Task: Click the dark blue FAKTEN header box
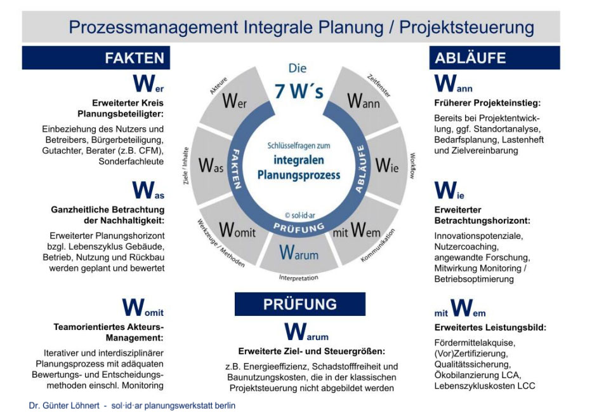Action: tap(96, 57)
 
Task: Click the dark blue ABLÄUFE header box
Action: tap(494, 57)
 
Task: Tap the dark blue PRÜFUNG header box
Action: tap(300, 304)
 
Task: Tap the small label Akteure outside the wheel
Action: tap(219, 86)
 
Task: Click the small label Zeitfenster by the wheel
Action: tap(379, 86)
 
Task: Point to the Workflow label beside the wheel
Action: tap(412, 166)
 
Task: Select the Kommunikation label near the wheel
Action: tap(378, 245)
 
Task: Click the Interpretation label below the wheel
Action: tap(299, 278)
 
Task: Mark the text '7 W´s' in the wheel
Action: tap(299, 91)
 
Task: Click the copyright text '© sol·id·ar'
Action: tap(299, 215)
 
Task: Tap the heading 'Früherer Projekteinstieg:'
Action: tap(487, 103)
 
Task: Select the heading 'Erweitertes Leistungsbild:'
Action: tap(490, 327)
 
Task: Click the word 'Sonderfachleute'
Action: tap(131, 161)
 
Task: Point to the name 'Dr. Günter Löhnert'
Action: tap(64, 406)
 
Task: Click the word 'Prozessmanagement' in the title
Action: tap(154, 27)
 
